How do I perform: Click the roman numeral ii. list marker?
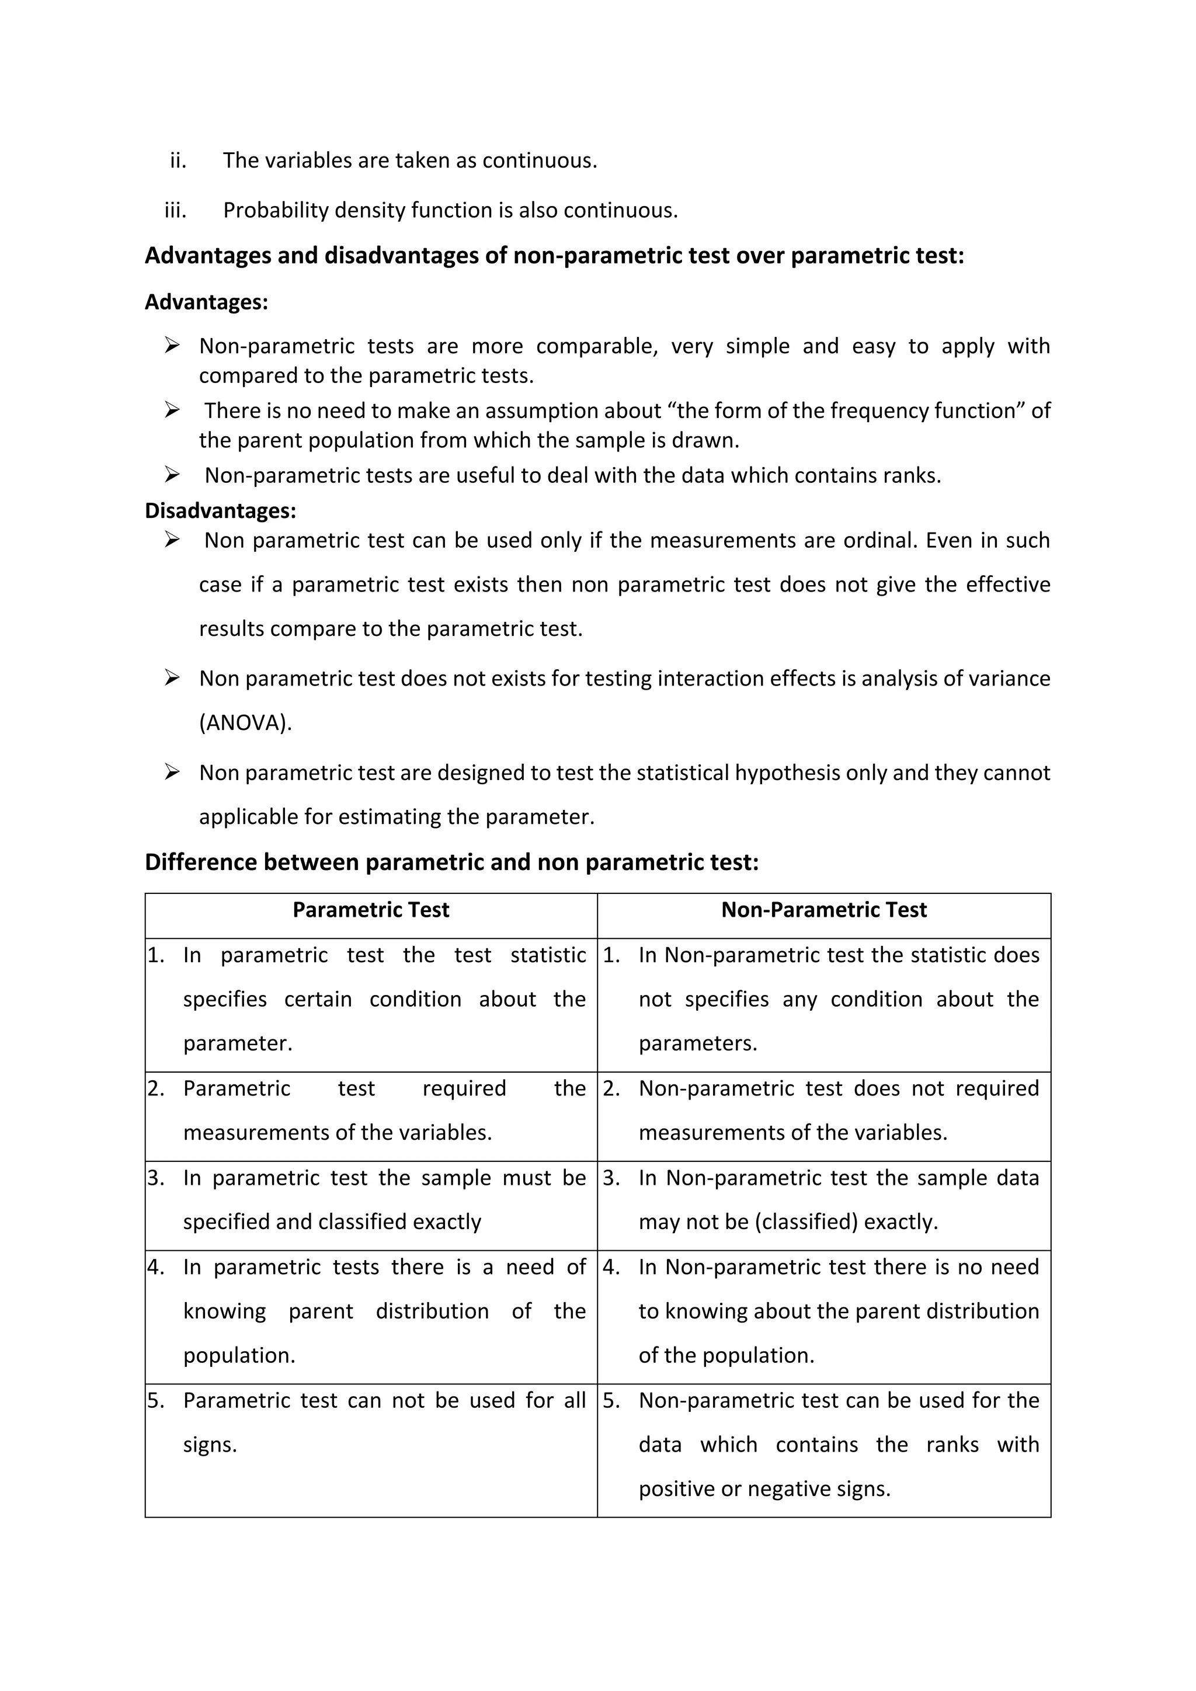click(x=178, y=161)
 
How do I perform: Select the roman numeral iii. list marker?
click(x=175, y=211)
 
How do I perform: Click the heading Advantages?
click(x=206, y=302)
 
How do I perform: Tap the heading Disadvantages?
click(x=220, y=510)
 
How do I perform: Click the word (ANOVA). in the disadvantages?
click(x=245, y=722)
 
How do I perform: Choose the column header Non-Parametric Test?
click(x=823, y=910)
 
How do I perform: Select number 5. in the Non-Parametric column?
click(x=611, y=1400)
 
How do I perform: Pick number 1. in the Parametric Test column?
click(x=156, y=955)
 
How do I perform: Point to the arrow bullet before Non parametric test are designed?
click(x=172, y=772)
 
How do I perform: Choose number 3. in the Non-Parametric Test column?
click(x=611, y=1178)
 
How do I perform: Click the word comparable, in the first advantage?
click(x=596, y=346)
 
